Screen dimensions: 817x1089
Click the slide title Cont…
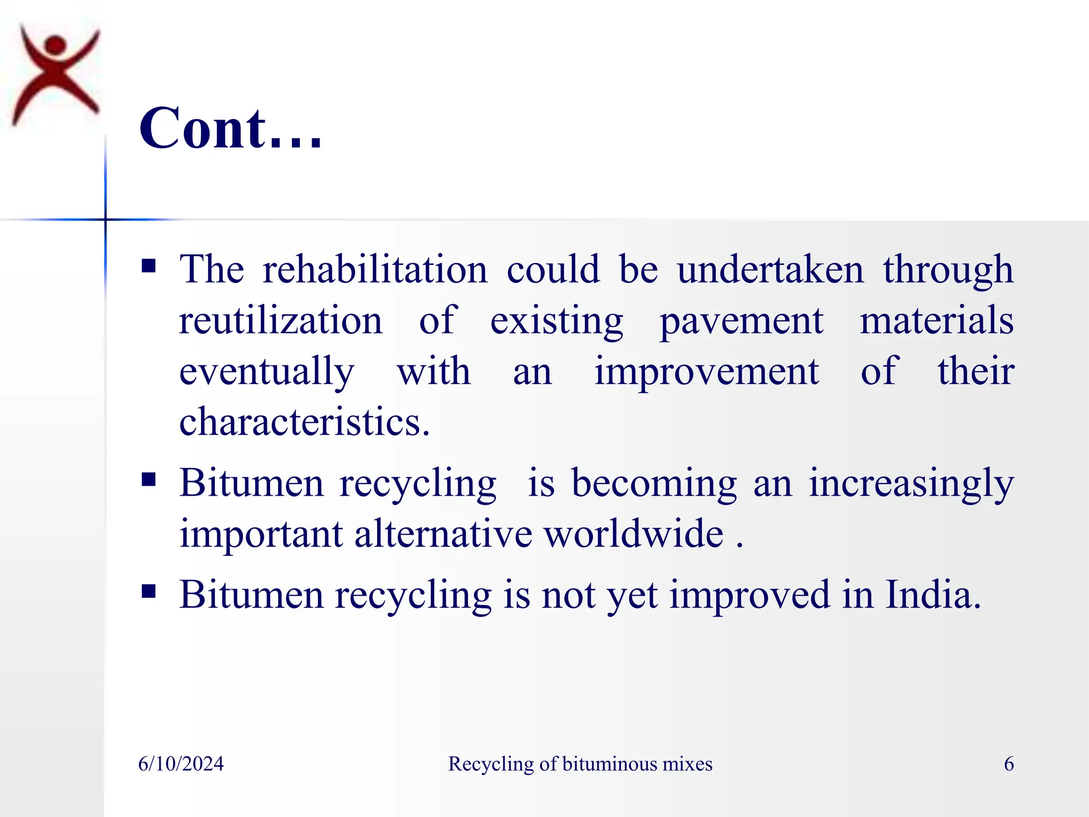(x=230, y=129)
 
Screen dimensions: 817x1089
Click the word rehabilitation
(x=375, y=269)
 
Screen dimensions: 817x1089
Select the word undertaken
(x=770, y=269)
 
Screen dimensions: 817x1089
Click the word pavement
(x=741, y=321)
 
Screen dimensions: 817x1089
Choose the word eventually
(x=266, y=371)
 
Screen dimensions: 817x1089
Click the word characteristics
(x=304, y=422)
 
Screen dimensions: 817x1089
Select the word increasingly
(x=911, y=484)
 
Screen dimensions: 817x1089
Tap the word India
(x=933, y=594)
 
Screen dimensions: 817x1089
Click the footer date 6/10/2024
(x=181, y=764)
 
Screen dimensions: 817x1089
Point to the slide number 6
(x=1009, y=764)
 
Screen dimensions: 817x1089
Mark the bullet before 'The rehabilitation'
(x=149, y=265)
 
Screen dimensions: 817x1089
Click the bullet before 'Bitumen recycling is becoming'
(x=149, y=480)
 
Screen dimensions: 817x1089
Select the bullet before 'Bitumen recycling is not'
(x=149, y=591)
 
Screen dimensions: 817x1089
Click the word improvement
(x=707, y=371)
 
